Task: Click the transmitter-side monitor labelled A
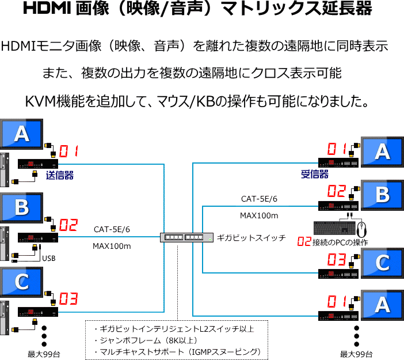pyautogui.click(x=21, y=134)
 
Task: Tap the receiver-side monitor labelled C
pyautogui.click(x=382, y=263)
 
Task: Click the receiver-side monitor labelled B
pyautogui.click(x=382, y=195)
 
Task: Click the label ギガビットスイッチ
pyautogui.click(x=251, y=237)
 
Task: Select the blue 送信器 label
pyautogui.click(x=59, y=175)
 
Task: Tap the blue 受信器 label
pyautogui.click(x=314, y=174)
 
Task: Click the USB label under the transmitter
pyautogui.click(x=49, y=258)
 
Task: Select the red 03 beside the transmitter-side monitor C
pyautogui.click(x=68, y=298)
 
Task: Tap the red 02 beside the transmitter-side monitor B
pyautogui.click(x=68, y=223)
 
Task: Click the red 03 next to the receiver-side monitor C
pyautogui.click(x=337, y=259)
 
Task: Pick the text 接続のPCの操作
pyautogui.click(x=340, y=242)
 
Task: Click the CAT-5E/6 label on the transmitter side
pyautogui.click(x=112, y=229)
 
